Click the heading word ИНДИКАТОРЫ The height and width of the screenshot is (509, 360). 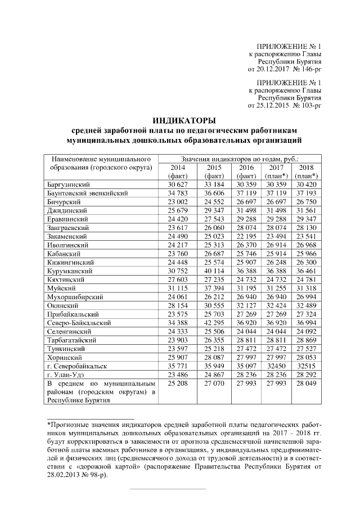pyautogui.click(x=184, y=120)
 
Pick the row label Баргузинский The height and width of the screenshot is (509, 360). pyautogui.click(x=69, y=184)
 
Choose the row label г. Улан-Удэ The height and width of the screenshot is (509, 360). pyautogui.click(x=65, y=375)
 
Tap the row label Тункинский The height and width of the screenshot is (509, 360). pyautogui.click(x=66, y=349)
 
